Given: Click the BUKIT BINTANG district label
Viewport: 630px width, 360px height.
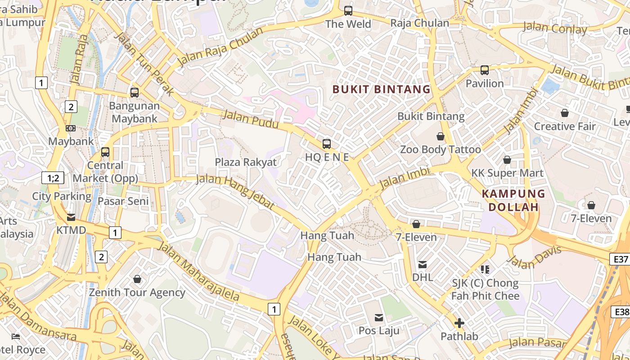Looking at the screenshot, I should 382,89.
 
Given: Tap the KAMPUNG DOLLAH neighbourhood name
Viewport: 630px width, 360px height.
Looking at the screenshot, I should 513,201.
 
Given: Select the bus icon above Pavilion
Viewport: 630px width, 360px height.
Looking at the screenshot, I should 485,70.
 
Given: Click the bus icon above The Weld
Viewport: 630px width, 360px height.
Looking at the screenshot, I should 348,10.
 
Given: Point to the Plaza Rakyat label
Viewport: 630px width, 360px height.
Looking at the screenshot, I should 246,162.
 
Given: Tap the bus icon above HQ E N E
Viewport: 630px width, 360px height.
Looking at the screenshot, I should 327,144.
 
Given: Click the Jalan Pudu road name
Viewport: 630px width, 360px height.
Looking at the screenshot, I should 251,119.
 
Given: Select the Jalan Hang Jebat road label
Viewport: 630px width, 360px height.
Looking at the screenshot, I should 235,191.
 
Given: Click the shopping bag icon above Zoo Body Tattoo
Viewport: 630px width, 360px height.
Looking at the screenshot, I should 441,136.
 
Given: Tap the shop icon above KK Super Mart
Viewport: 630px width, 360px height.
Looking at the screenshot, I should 507,160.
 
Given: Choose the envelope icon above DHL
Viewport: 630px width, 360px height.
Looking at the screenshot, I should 423,264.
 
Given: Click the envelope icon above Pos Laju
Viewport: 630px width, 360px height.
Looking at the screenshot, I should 379,318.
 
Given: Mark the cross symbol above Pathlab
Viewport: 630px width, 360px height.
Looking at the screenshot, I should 459,323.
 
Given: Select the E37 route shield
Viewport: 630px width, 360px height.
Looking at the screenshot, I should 621,259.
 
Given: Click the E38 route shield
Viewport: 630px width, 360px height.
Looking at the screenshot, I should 621,312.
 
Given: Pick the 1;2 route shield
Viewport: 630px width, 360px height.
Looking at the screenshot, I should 53,178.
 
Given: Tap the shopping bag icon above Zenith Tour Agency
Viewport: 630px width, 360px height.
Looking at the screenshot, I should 137,279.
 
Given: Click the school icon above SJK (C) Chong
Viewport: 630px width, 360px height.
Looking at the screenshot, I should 485,270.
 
